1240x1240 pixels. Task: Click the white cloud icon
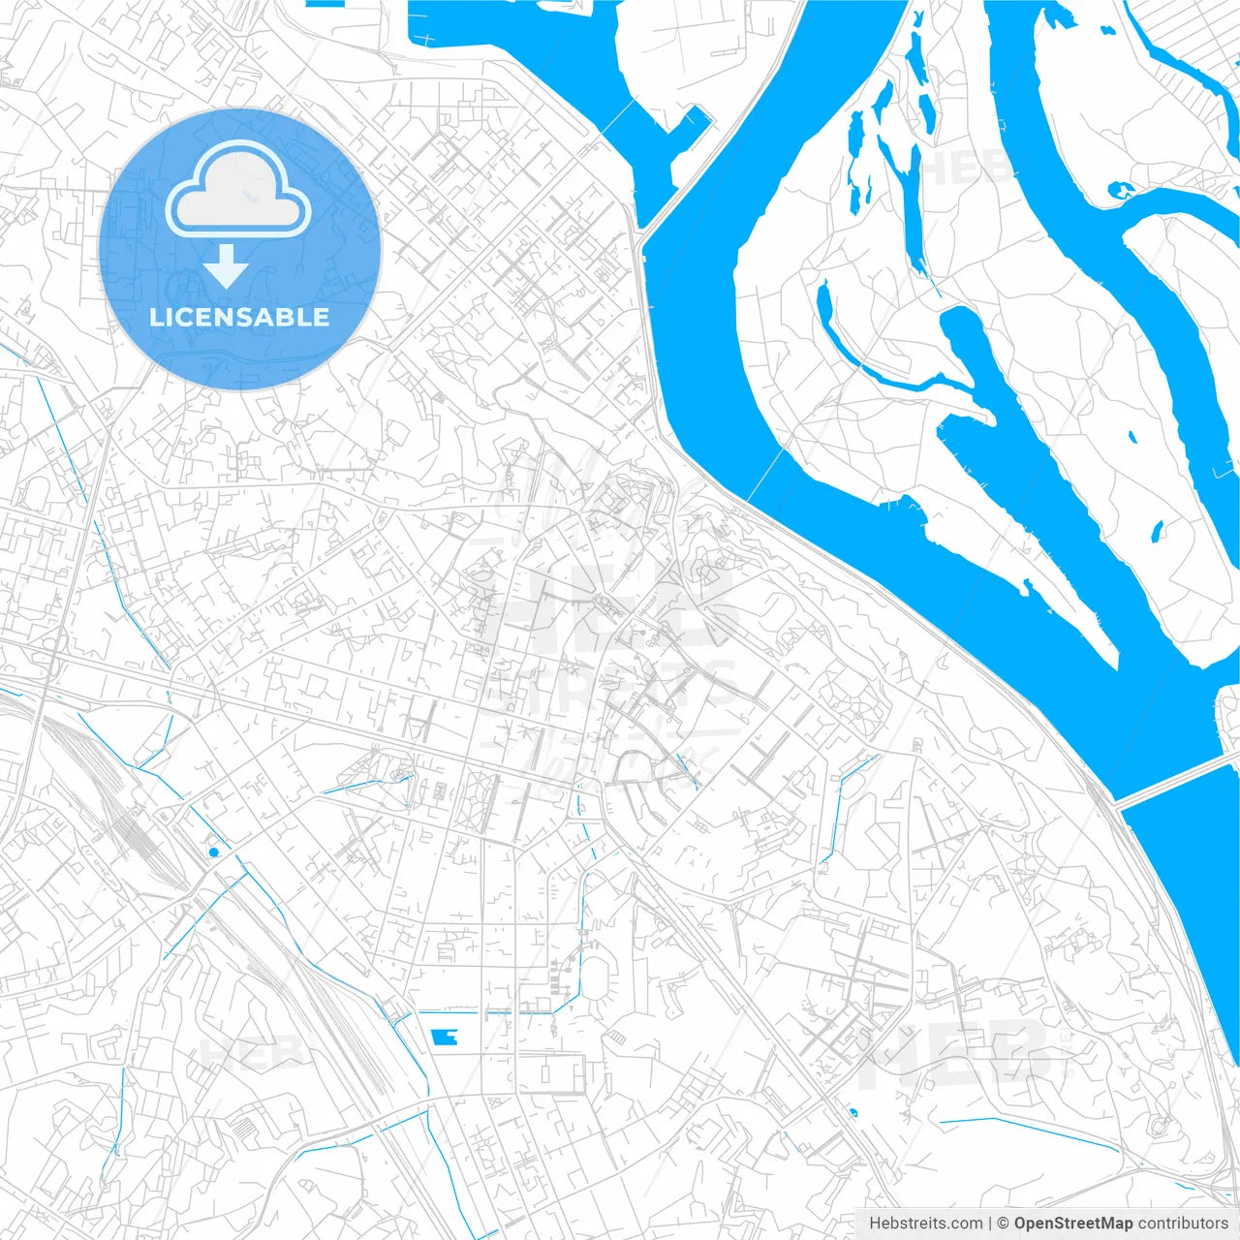click(238, 191)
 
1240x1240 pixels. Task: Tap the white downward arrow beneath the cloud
click(227, 267)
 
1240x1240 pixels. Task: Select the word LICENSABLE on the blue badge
click(239, 317)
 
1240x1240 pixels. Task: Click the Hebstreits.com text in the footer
click(925, 1224)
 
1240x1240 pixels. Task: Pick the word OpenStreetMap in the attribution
click(1072, 1224)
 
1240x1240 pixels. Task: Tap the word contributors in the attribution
click(1183, 1224)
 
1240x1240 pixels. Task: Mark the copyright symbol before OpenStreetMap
click(1004, 1224)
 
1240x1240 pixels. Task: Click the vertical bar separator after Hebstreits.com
click(990, 1224)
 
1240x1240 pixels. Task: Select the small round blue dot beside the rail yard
click(213, 852)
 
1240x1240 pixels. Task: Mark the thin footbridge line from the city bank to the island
click(764, 475)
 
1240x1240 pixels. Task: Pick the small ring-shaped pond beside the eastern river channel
click(1122, 190)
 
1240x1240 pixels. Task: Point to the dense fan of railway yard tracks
click(136, 823)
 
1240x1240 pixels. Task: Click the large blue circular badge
click(239, 249)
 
